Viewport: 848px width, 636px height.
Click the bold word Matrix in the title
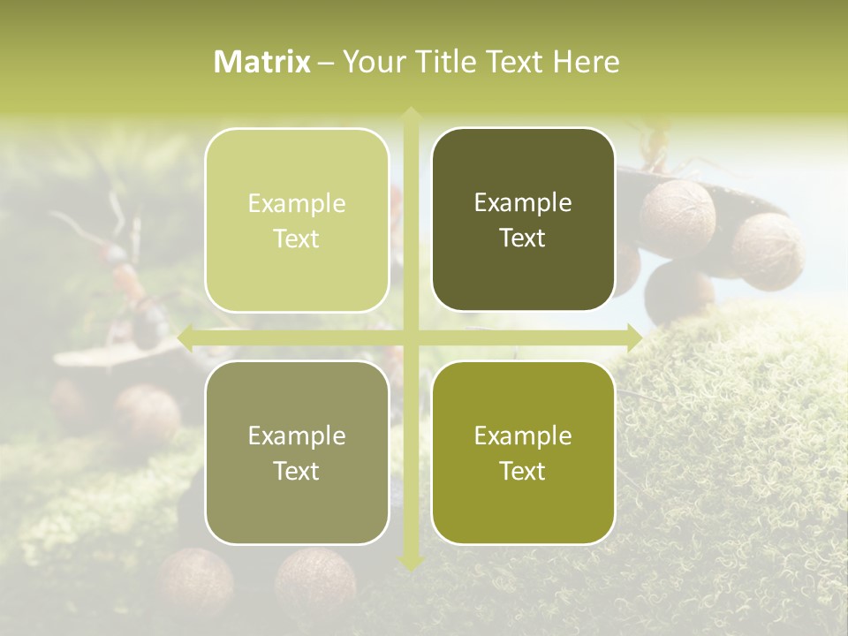[262, 62]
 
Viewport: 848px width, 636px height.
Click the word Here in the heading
[587, 62]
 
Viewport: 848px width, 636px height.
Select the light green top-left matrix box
[297, 220]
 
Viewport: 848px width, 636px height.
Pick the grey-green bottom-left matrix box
[297, 452]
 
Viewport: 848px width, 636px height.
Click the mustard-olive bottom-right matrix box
[523, 452]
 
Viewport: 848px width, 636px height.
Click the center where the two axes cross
[410, 337]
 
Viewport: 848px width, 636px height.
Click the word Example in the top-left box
[297, 203]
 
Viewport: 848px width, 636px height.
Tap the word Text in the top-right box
[523, 238]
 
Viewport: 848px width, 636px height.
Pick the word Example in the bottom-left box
[297, 435]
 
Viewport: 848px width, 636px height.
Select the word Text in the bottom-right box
[523, 471]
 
